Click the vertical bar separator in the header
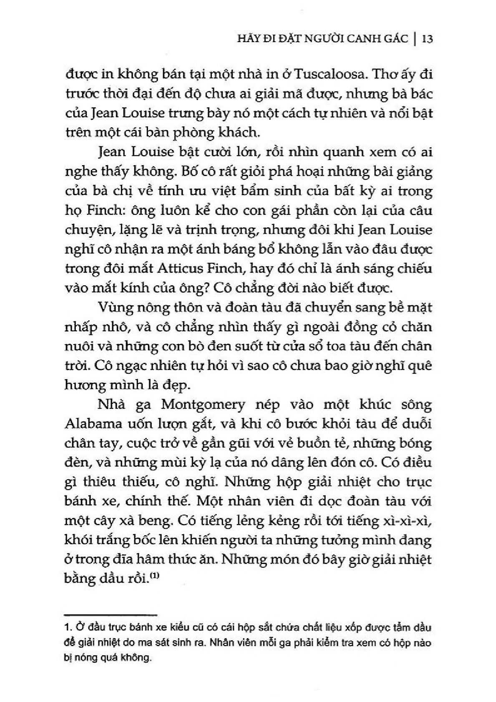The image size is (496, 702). [414, 39]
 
